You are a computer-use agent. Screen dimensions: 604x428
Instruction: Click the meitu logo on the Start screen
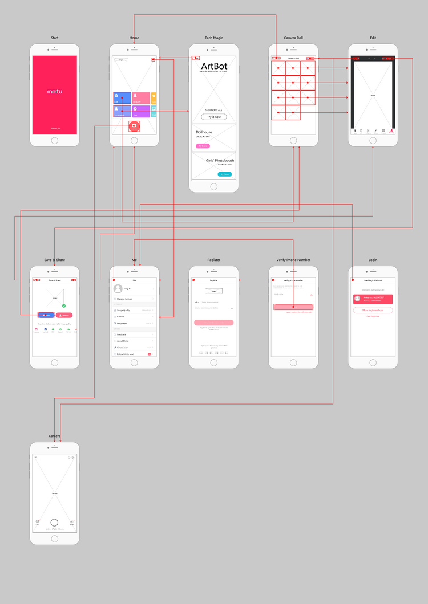click(x=54, y=91)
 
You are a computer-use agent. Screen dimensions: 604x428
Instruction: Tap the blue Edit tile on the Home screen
click(x=122, y=98)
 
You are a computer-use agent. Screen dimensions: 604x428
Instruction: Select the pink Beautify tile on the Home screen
click(x=141, y=98)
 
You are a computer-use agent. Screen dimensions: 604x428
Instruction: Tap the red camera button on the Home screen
click(x=134, y=126)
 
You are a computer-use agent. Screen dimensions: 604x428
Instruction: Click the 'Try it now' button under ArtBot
click(x=213, y=117)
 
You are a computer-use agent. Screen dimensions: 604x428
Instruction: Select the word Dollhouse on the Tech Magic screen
click(x=204, y=132)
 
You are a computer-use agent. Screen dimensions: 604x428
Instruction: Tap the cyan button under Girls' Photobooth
click(x=225, y=174)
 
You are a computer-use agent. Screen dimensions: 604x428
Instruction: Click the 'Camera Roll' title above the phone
click(x=293, y=38)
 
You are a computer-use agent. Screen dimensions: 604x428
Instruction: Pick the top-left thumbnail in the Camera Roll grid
click(x=278, y=68)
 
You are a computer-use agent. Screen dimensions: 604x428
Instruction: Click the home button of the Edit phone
click(x=373, y=141)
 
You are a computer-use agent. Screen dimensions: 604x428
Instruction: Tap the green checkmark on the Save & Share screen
click(x=64, y=306)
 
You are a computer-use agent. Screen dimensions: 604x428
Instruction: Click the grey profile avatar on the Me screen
click(x=119, y=289)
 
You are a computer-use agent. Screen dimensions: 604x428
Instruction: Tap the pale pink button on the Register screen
click(x=213, y=323)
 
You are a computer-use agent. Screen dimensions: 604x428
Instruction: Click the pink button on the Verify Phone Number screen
click(x=293, y=307)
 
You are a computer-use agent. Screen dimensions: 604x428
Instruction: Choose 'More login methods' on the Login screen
click(x=373, y=310)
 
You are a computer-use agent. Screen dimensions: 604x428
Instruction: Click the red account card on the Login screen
click(x=373, y=299)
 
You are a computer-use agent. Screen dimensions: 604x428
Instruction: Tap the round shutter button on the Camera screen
click(x=54, y=522)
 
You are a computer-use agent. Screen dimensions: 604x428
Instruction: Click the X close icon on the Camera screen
click(x=36, y=458)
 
